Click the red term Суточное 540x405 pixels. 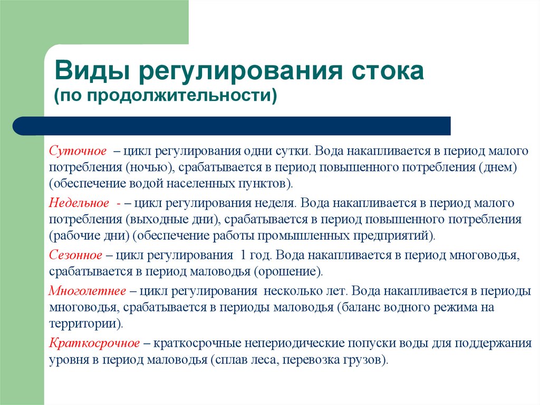pos(78,151)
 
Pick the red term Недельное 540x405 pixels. pos(79,203)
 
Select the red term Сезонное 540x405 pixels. pos(76,255)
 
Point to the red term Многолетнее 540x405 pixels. pos(88,291)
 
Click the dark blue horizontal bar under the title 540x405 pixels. pos(232,126)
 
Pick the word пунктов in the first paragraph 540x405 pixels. pos(268,184)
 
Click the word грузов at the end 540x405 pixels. pos(365,360)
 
